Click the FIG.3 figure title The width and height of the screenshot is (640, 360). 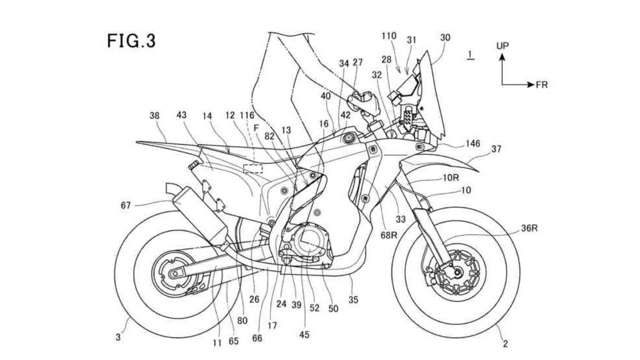pos(131,41)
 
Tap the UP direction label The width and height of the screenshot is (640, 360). pos(502,46)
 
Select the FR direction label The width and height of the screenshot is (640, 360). pos(542,85)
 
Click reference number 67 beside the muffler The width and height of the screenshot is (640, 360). pos(126,205)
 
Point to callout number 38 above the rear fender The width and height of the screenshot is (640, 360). pos(154,116)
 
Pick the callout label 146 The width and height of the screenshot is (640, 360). pos(472,143)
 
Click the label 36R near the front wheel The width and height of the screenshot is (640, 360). pos(529,228)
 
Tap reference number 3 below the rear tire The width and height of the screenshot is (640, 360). pos(118,337)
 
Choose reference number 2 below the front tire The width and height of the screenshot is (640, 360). pos(505,343)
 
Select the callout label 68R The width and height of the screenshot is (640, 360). pos(388,235)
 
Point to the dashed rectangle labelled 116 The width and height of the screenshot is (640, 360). pos(253,168)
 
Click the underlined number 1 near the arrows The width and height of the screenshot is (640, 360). pos(470,54)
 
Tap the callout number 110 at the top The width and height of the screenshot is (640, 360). pos(389,36)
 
